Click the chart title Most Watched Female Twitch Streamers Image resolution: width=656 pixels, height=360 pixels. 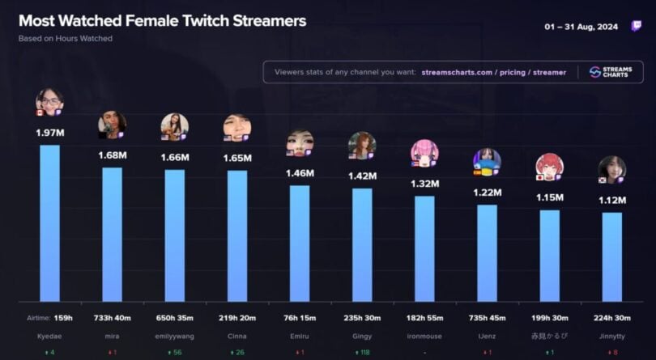click(x=162, y=21)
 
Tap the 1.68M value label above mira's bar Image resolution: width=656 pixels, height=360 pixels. click(x=112, y=155)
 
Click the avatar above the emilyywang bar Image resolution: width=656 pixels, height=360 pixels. click(x=174, y=126)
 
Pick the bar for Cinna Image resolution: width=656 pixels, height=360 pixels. click(x=236, y=235)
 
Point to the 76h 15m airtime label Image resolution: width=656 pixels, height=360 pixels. click(x=299, y=317)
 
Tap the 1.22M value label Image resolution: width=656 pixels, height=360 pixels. click(x=487, y=193)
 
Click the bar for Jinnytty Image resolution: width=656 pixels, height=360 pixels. click(x=611, y=256)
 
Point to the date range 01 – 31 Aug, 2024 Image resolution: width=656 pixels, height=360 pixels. click(x=581, y=27)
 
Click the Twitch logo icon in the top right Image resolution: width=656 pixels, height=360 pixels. click(x=637, y=27)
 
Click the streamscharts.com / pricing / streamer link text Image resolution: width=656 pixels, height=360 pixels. click(x=493, y=72)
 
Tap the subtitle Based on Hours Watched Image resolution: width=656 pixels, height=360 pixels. click(x=66, y=38)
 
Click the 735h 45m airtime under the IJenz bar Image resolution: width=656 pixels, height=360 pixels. click(x=487, y=317)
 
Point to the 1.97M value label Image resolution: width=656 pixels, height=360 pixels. click(x=49, y=133)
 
